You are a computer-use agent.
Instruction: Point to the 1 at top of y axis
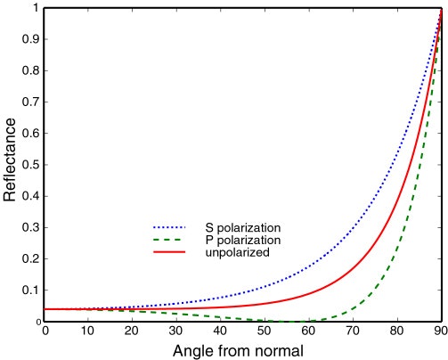(x=36, y=8)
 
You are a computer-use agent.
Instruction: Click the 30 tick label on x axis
(x=175, y=331)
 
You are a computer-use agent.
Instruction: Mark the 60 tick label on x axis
(x=306, y=331)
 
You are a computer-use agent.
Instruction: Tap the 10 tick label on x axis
(x=88, y=331)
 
